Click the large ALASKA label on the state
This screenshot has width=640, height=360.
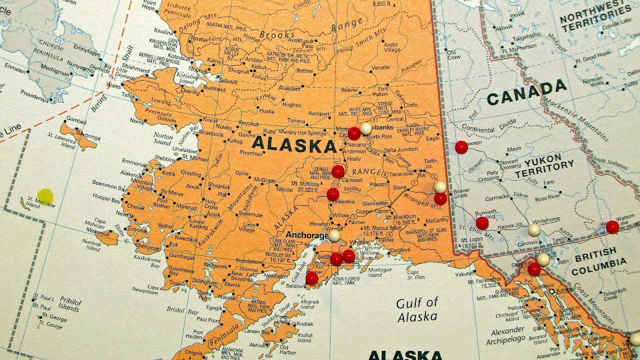[x=294, y=145]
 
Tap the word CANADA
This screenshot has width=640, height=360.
[x=526, y=93]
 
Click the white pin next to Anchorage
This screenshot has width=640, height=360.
[x=334, y=235]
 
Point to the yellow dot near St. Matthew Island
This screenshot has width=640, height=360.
[x=45, y=196]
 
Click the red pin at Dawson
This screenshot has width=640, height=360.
[x=461, y=147]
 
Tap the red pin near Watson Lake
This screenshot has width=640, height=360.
[x=612, y=227]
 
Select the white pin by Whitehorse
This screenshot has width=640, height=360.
[x=534, y=230]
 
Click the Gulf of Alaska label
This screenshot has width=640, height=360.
[x=417, y=309]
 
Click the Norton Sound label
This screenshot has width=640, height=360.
[x=163, y=138]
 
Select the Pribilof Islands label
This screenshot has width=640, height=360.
[x=69, y=303]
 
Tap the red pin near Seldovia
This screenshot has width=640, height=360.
[x=311, y=278]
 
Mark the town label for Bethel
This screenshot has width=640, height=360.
[x=165, y=226]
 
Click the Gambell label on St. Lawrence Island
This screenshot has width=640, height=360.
[x=76, y=120]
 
